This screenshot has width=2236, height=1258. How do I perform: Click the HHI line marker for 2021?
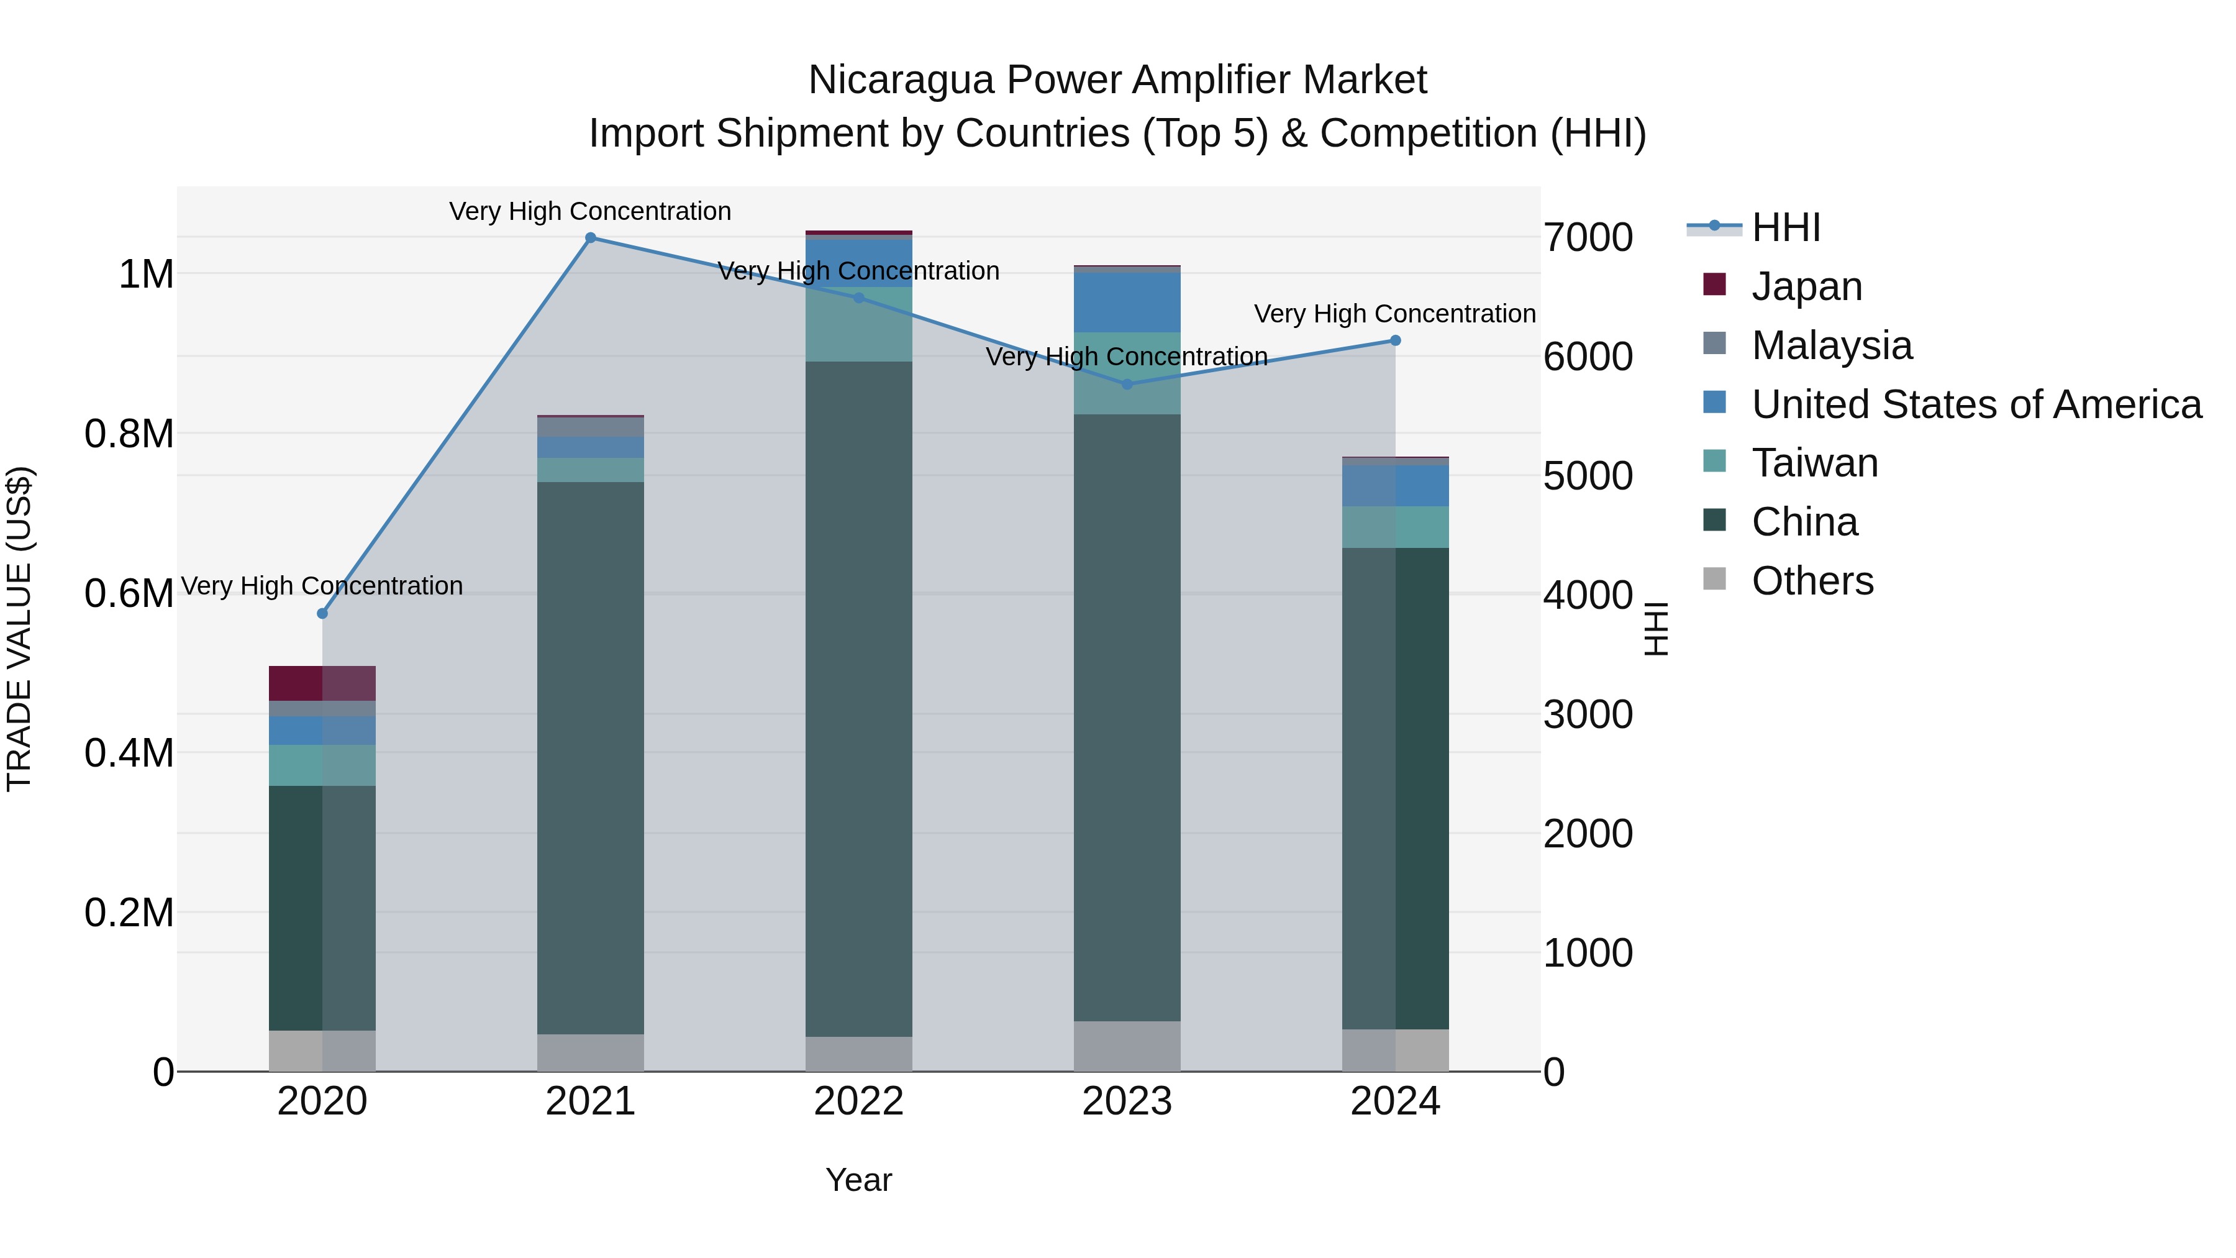click(x=590, y=238)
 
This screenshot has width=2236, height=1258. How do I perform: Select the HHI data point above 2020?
click(x=322, y=614)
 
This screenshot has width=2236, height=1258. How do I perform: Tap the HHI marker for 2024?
click(x=1395, y=340)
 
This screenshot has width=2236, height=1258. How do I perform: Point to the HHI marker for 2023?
click(x=1127, y=384)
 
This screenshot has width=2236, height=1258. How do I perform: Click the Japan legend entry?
click(x=1806, y=286)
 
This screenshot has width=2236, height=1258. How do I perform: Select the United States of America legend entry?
click(x=1976, y=404)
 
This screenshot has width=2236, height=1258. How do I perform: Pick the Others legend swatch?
click(x=1714, y=579)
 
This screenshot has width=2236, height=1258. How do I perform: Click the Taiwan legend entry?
click(x=1814, y=463)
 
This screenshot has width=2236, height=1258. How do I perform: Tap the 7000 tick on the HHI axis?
click(x=1588, y=238)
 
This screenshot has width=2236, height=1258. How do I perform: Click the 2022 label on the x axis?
click(x=858, y=1101)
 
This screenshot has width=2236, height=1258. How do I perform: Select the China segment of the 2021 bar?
click(x=590, y=755)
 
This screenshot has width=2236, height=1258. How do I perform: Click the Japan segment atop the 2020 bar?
click(x=322, y=683)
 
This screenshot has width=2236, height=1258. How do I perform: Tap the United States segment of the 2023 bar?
click(x=1127, y=302)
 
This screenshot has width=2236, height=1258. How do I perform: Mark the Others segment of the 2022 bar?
click(x=858, y=1054)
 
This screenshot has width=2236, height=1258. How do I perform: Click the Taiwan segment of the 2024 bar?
click(x=1395, y=527)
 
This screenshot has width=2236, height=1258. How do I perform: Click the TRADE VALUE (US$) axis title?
click(x=19, y=629)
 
